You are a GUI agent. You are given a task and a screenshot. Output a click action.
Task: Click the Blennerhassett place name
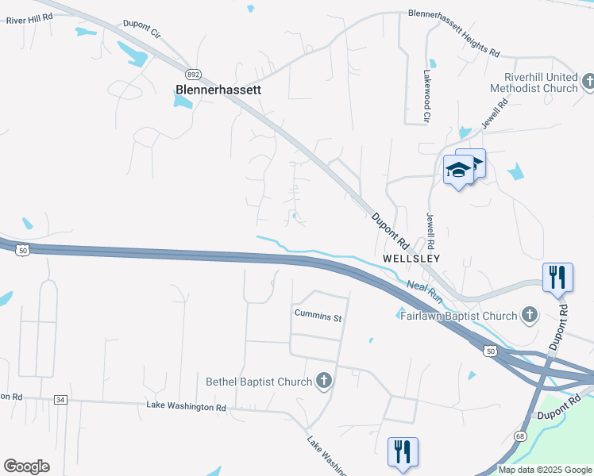pos(218,90)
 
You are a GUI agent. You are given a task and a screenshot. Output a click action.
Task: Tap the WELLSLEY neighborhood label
pos(411,259)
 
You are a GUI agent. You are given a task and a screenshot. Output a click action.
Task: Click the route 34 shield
pos(60,399)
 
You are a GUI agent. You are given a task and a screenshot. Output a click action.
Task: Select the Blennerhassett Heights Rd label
pos(453,34)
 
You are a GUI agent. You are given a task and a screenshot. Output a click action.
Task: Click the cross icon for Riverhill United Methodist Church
pos(588,82)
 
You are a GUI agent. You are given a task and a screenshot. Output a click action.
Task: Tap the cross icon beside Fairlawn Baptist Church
pos(528,316)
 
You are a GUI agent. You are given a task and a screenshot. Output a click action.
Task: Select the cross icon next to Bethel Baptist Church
pos(323,382)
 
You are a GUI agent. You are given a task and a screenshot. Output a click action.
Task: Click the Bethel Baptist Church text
pos(259,382)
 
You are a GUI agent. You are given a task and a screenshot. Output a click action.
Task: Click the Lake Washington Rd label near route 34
pos(187,407)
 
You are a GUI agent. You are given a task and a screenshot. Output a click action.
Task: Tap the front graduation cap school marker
pos(457,170)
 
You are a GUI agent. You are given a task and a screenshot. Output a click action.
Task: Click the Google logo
pos(26,466)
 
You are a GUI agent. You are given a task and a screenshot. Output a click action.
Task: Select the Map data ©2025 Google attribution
pos(544,470)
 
